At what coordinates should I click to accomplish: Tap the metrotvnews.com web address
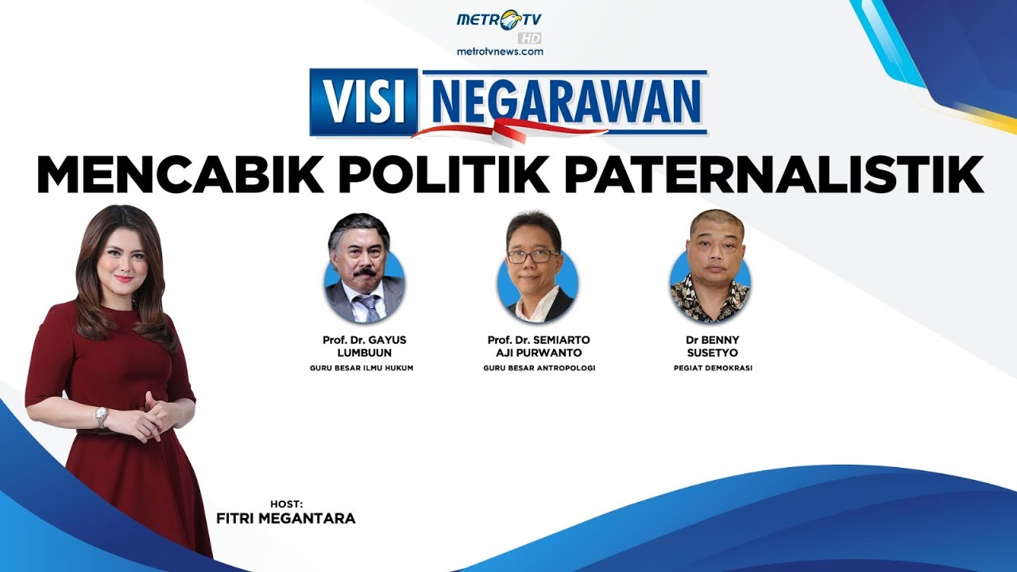point(500,52)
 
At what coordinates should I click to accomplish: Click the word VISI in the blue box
point(363,102)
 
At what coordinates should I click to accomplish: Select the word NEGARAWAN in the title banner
point(566,100)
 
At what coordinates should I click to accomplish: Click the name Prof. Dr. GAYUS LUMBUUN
point(365,346)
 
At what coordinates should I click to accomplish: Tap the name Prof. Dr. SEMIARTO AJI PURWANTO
point(539,346)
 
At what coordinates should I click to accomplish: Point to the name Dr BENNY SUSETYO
point(712,346)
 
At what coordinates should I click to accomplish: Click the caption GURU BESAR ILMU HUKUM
point(362,369)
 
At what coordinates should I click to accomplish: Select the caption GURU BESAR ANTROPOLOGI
point(539,369)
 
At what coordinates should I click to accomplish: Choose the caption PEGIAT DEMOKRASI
point(712,369)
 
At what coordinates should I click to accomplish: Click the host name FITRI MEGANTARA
point(285,519)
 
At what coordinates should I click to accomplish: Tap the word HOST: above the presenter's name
point(286,504)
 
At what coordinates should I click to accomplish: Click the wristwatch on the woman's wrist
point(102,417)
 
